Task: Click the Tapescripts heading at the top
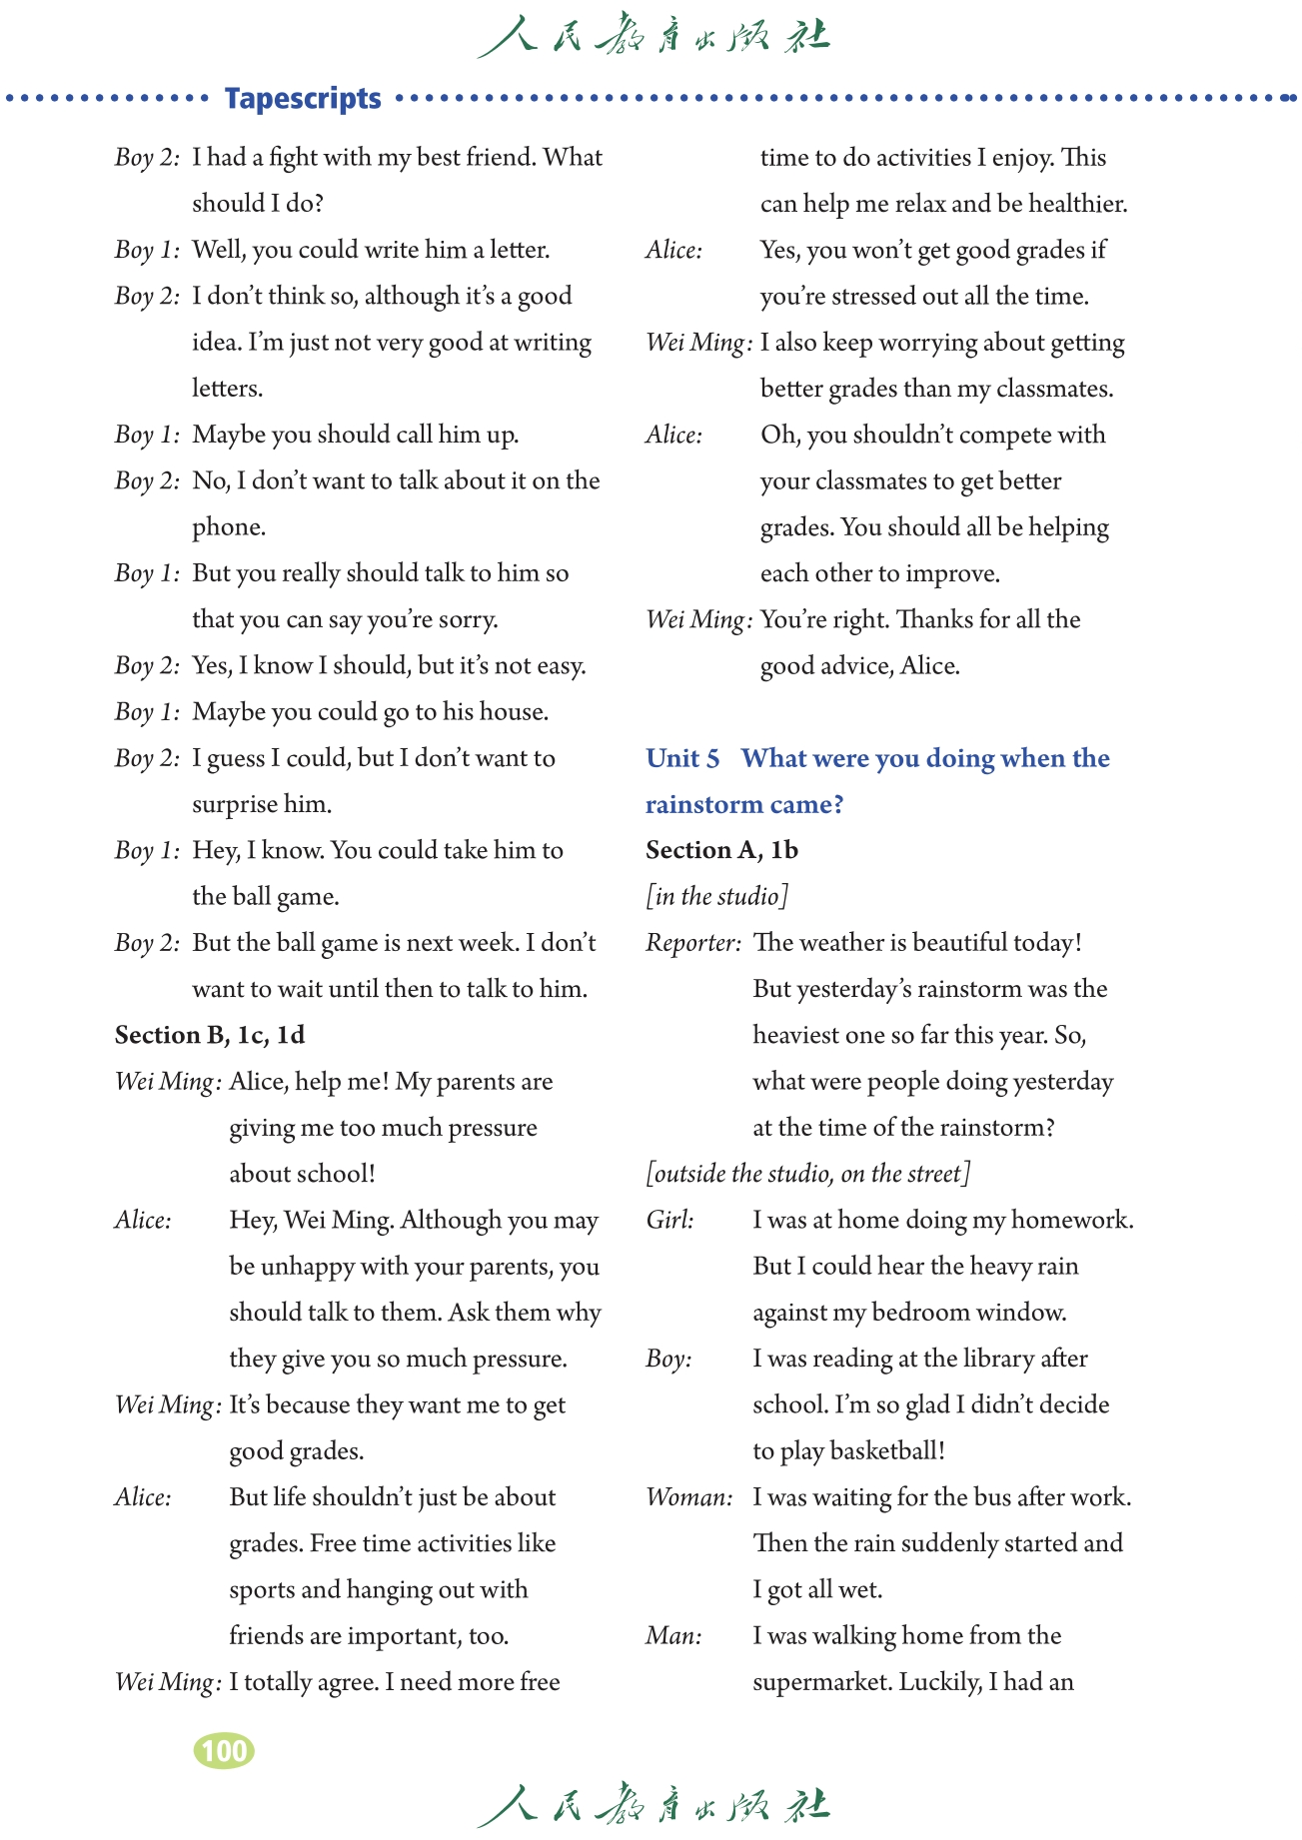(x=303, y=99)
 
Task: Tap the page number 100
(x=224, y=1751)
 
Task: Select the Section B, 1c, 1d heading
(x=210, y=1035)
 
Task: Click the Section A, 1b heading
(x=721, y=850)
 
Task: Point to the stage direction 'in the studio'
(x=717, y=896)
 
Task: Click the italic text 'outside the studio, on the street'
(x=807, y=1173)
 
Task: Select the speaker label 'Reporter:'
(x=693, y=942)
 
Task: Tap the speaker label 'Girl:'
(x=669, y=1220)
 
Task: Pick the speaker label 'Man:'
(x=673, y=1635)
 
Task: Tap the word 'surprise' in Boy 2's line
(x=237, y=804)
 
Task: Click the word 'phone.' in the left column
(x=229, y=526)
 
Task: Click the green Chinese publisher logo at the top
(x=652, y=37)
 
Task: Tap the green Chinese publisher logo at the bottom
(x=652, y=1804)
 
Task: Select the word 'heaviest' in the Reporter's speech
(x=796, y=1035)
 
